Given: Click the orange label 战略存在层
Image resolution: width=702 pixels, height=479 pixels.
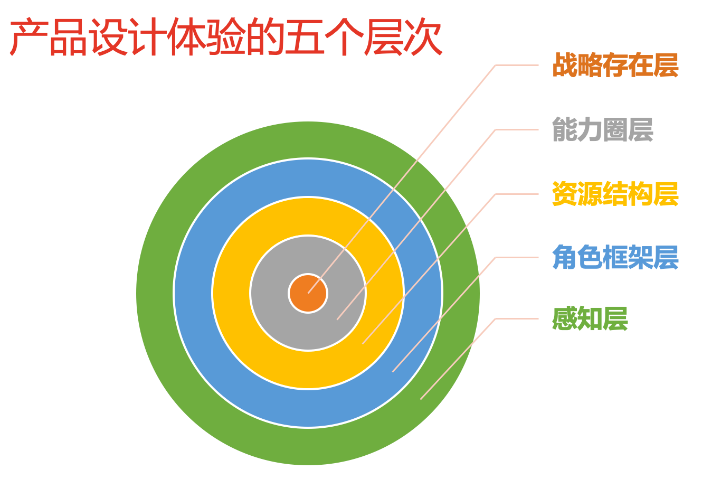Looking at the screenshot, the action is pyautogui.click(x=615, y=65).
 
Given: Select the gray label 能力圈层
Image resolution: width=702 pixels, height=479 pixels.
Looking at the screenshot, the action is pyautogui.click(x=603, y=129).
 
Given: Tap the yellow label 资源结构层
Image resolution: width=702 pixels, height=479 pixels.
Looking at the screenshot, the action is pyautogui.click(x=615, y=194).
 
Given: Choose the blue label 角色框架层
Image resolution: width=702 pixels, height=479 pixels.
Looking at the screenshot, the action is pyautogui.click(x=615, y=257).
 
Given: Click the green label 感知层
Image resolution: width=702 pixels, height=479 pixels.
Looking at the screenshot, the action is pyautogui.click(x=590, y=318).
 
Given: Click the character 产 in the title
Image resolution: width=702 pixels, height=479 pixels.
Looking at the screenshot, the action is pyautogui.click(x=29, y=36).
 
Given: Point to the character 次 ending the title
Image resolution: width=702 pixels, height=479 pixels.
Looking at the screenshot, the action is pyautogui.click(x=423, y=36).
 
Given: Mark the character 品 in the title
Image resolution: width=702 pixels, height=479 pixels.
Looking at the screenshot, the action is pyautogui.click(x=68, y=36).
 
